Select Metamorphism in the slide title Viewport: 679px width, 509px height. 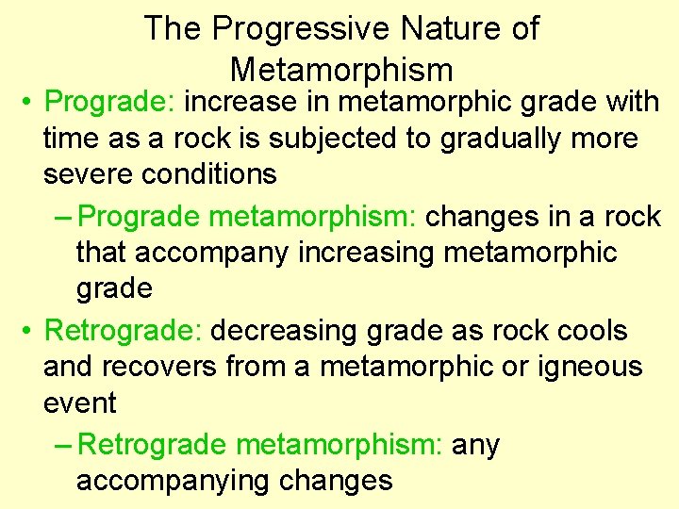340,70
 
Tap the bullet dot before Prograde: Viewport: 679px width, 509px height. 30,101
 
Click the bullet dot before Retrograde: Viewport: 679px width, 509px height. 30,332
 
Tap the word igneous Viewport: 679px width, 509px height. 586,367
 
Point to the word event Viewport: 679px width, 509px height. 79,403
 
